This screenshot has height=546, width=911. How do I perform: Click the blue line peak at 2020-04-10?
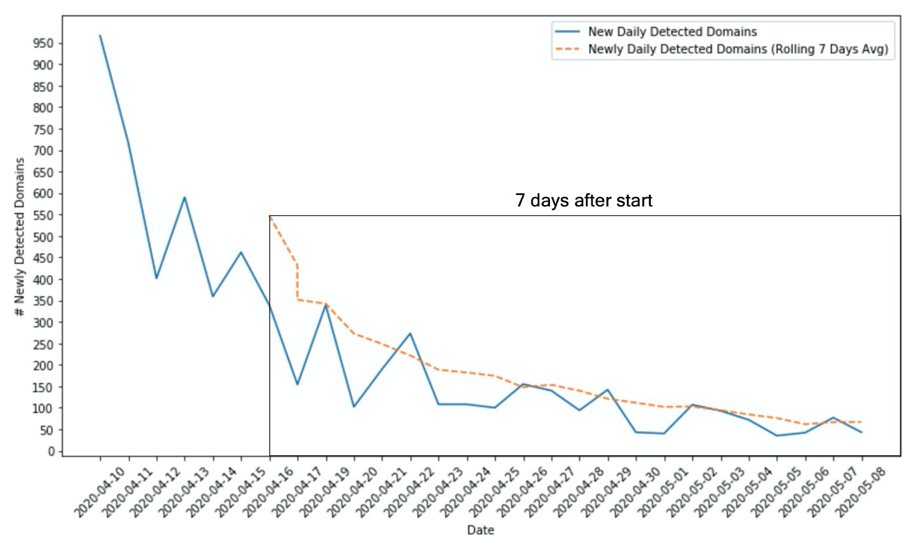[x=100, y=35]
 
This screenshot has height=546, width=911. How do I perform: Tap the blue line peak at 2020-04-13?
[x=184, y=197]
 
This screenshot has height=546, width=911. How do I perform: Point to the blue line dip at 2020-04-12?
[x=157, y=278]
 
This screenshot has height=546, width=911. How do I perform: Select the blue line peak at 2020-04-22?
[x=410, y=333]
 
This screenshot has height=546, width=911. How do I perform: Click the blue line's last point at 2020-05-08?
[x=861, y=433]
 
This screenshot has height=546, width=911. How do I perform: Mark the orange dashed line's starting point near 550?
[x=270, y=216]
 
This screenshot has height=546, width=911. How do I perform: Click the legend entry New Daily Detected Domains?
[x=672, y=32]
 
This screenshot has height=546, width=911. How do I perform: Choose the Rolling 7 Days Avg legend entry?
[x=737, y=49]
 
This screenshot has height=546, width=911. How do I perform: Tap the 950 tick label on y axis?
[x=43, y=43]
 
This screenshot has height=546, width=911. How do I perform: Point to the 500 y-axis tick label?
[x=43, y=237]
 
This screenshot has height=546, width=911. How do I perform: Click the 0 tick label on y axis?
[x=51, y=451]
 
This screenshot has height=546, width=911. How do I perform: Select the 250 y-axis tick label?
[x=43, y=344]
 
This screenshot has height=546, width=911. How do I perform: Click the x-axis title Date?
[x=481, y=530]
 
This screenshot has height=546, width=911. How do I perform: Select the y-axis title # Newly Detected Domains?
[x=20, y=237]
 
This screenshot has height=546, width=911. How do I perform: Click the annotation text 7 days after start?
[x=584, y=201]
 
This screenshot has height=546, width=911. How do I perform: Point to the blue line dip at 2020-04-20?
[x=354, y=406]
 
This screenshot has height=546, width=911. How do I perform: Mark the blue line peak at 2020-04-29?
[x=608, y=390]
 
